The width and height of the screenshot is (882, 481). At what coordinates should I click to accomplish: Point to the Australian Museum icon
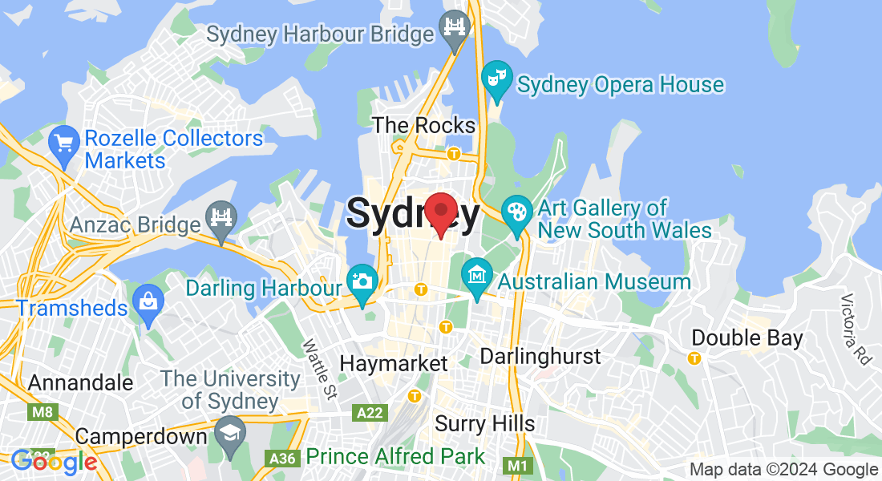click(x=478, y=277)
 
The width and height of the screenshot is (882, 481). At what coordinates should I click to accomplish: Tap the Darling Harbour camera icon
click(x=362, y=281)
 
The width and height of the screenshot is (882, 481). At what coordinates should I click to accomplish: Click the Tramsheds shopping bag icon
click(x=148, y=302)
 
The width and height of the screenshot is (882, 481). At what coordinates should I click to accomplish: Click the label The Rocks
click(x=424, y=125)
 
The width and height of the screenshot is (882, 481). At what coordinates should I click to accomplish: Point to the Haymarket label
click(x=394, y=363)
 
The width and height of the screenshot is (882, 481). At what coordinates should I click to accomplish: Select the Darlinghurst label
click(x=540, y=356)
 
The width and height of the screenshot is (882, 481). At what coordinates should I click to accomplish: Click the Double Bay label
click(x=746, y=338)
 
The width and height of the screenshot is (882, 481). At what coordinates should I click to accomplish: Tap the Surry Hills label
click(x=484, y=422)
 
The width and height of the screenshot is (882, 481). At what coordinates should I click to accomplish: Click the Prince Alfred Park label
click(x=395, y=457)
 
